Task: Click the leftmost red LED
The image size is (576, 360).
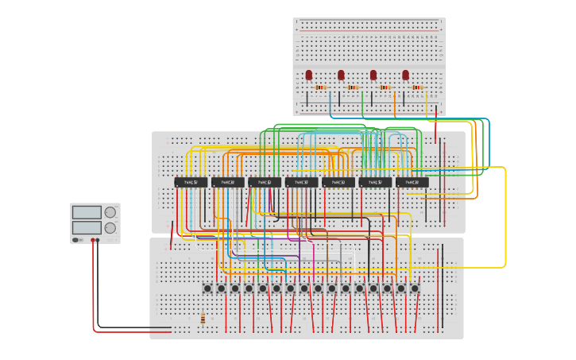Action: pos(309,75)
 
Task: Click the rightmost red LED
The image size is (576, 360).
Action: pos(405,75)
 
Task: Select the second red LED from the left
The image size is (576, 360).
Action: pos(341,75)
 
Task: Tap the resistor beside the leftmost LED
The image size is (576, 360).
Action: pos(321,87)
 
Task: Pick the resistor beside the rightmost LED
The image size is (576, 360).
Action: pos(417,87)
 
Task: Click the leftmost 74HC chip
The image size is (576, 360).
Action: pos(191,182)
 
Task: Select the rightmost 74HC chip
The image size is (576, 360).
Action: pos(412,182)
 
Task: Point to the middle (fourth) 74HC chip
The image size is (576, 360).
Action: pos(301,182)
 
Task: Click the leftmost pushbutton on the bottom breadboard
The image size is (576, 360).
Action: pos(207,288)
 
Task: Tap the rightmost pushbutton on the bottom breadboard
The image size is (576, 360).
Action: pos(415,288)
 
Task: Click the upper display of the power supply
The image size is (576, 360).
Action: pos(87,212)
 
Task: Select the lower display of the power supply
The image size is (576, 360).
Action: pos(87,227)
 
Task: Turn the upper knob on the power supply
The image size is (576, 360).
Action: pos(110,212)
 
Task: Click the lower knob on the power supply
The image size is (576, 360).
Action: pos(110,228)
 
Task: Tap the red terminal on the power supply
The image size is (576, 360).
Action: pos(93,239)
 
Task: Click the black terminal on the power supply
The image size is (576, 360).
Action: pos(98,239)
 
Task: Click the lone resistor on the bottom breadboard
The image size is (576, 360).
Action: pos(203,319)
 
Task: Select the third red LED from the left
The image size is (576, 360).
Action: pos(373,75)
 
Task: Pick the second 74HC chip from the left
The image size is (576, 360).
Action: pos(228,182)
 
